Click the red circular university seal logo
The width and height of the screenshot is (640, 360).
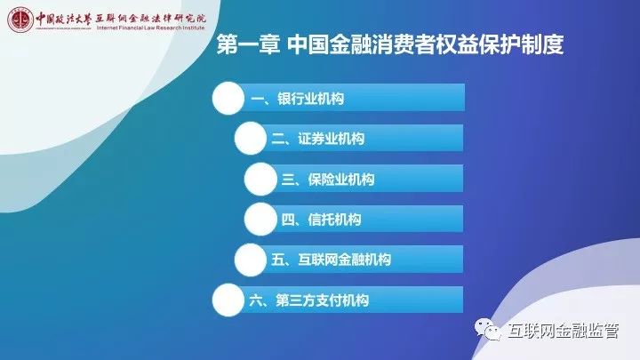[x=20, y=20]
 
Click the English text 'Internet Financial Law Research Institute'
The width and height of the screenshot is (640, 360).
[x=150, y=28]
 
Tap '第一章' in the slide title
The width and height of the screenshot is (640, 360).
[x=248, y=44]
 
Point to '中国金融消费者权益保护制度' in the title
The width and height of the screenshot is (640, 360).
[x=425, y=44]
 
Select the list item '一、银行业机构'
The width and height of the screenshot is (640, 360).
[x=297, y=99]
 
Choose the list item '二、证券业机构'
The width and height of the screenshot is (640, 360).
[x=318, y=139]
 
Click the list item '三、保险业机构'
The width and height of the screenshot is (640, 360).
[x=328, y=180]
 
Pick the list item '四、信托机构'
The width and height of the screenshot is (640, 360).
[x=321, y=220]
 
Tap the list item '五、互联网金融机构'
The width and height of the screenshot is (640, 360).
[x=331, y=260]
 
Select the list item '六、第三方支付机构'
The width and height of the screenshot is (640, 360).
[x=309, y=300]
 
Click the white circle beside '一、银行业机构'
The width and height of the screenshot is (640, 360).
[x=228, y=99]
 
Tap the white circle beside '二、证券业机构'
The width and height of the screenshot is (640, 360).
[x=251, y=139]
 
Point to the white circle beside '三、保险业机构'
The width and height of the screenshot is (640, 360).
[x=260, y=179]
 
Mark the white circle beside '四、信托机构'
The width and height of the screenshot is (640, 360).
[x=260, y=220]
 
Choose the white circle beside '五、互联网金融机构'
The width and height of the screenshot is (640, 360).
[x=251, y=260]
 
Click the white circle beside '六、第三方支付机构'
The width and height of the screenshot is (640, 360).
[x=228, y=300]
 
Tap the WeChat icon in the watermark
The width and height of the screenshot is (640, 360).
[x=487, y=330]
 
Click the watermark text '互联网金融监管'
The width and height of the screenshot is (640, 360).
[x=564, y=330]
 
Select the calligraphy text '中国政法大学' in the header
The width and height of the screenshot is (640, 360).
[x=64, y=19]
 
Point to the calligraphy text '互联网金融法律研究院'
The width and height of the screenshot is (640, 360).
[x=151, y=19]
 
